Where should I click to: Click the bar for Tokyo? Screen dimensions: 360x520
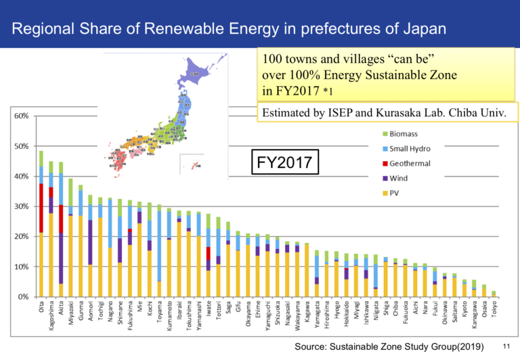494,294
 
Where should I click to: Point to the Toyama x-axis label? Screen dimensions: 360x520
159,319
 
